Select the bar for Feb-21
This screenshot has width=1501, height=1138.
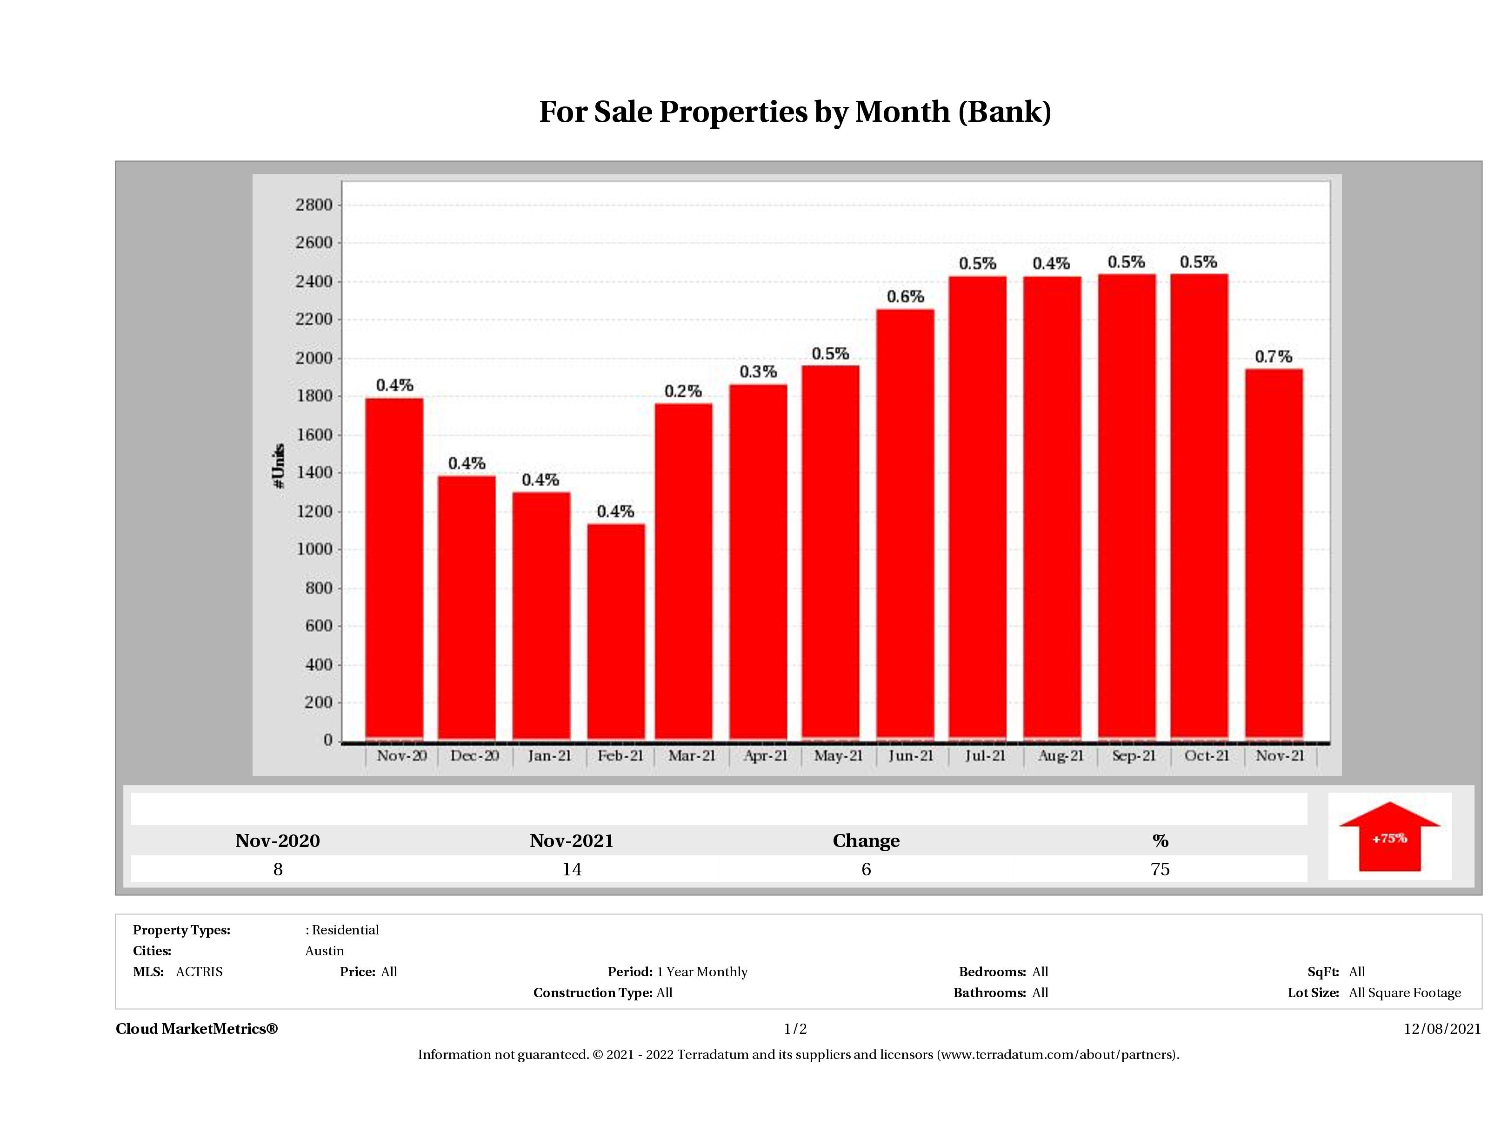pyautogui.click(x=616, y=631)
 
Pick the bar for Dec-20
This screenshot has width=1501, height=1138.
pyautogui.click(x=467, y=607)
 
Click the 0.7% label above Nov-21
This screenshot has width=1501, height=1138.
pyautogui.click(x=1273, y=357)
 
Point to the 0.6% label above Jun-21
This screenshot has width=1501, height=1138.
pyautogui.click(x=905, y=297)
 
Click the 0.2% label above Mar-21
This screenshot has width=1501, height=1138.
pyautogui.click(x=683, y=391)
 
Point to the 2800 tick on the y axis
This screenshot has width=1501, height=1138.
pyautogui.click(x=314, y=205)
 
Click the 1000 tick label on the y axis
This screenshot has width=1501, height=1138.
pyautogui.click(x=314, y=549)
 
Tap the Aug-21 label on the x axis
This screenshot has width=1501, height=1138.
pyautogui.click(x=1061, y=755)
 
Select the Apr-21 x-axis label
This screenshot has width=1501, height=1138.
pyautogui.click(x=766, y=755)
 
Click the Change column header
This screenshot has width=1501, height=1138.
pyautogui.click(x=866, y=841)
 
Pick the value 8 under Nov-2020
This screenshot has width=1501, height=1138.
pyautogui.click(x=278, y=869)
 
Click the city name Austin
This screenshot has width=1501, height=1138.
pyautogui.click(x=324, y=951)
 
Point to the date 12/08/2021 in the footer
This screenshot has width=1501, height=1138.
pyautogui.click(x=1442, y=1029)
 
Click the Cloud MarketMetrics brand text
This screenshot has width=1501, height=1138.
pyautogui.click(x=197, y=1029)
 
